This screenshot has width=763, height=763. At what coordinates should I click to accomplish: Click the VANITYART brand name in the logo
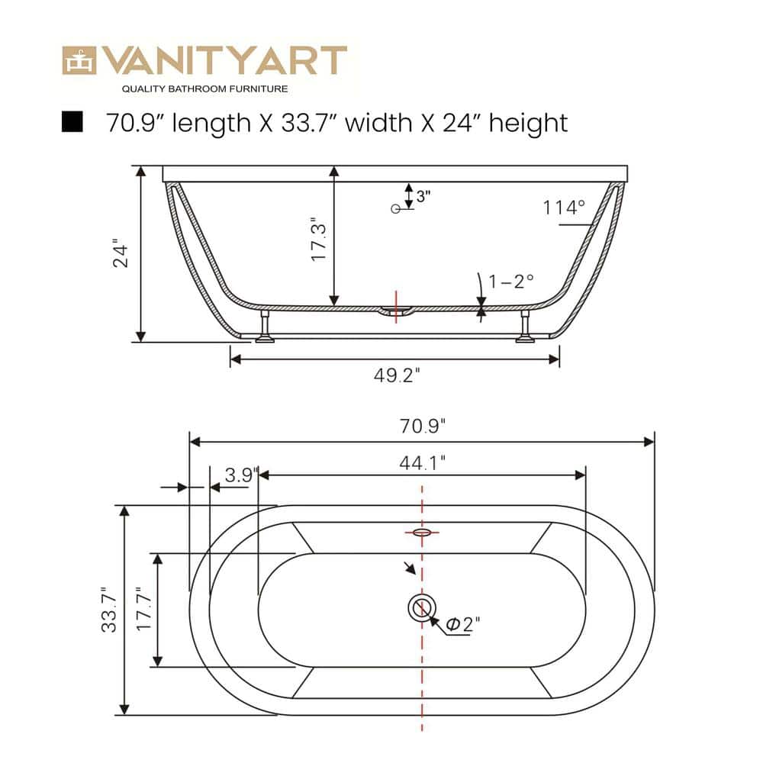pos(225,61)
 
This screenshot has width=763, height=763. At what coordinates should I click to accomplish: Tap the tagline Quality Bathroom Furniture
pos(205,89)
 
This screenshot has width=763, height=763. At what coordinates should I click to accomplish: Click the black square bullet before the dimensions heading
pos(72,121)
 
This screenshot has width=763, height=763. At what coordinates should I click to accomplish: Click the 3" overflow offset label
pos(423,195)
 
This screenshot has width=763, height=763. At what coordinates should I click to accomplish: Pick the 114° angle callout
pos(564,207)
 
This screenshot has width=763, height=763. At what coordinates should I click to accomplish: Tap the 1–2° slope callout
pos(512,281)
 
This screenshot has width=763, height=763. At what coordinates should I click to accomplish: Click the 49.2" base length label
pos(397,375)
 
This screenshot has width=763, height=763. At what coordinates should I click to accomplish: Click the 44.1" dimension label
pos(422,462)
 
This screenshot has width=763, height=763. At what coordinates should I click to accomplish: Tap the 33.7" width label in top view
pos(110,610)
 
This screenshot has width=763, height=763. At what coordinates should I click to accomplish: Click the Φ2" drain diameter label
pos(462,625)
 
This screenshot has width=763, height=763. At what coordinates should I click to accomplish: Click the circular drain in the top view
pos(420,608)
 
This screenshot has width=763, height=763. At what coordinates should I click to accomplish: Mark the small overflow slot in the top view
pos(421,532)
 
